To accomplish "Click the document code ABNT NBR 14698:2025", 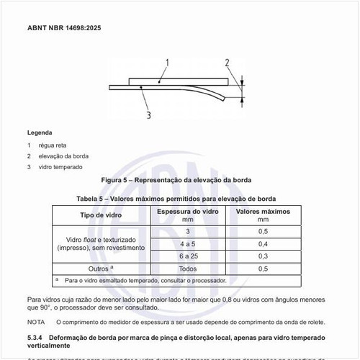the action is pos(65,29).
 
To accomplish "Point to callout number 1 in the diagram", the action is pos(167,63).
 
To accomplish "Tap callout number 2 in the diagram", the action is pos(227,63).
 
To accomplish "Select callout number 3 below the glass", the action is pos(148,114).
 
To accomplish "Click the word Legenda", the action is pos(40,133).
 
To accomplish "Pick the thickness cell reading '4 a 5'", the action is pos(188,243).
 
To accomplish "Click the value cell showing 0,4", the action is pos(263,243).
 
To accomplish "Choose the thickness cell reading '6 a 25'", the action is pos(188,256).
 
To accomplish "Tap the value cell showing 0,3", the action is pos(263,256).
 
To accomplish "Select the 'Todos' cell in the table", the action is pos(188,268).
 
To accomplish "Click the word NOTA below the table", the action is pos(36,322).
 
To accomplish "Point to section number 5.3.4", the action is pos(37,337).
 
